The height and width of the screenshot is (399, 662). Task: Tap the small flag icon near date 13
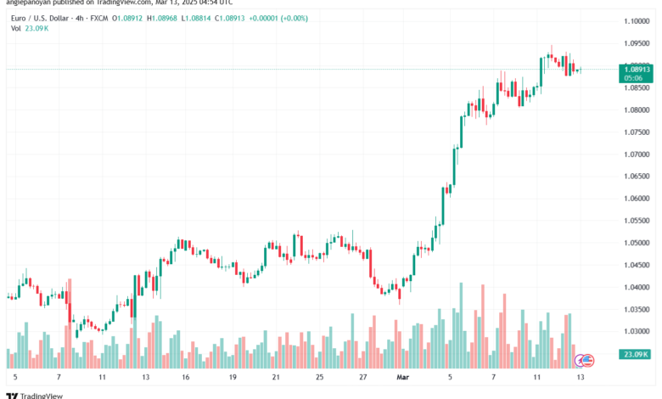pyautogui.click(x=584, y=360)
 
